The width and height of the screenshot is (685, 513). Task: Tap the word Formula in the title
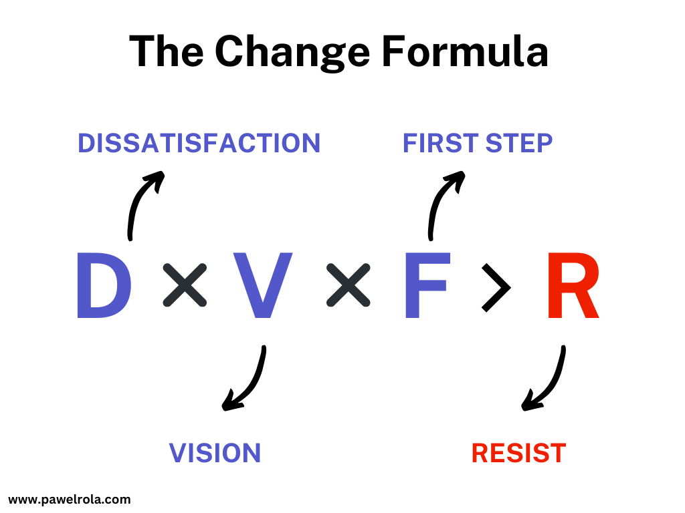tap(466, 52)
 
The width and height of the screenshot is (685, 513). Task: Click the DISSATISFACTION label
tap(199, 144)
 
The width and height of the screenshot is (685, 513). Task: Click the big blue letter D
tap(103, 286)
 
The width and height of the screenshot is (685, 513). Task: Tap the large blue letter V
tap(263, 286)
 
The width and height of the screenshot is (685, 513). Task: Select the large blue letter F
tap(426, 286)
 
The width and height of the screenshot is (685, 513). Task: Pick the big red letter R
tap(572, 286)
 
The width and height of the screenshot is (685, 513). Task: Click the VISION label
tap(215, 453)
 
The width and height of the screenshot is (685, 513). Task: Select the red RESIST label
tap(518, 453)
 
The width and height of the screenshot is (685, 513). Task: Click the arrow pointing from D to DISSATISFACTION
tap(138, 200)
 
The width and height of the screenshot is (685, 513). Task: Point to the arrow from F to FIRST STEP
tap(439, 200)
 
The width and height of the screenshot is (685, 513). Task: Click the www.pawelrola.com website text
tap(70, 499)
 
